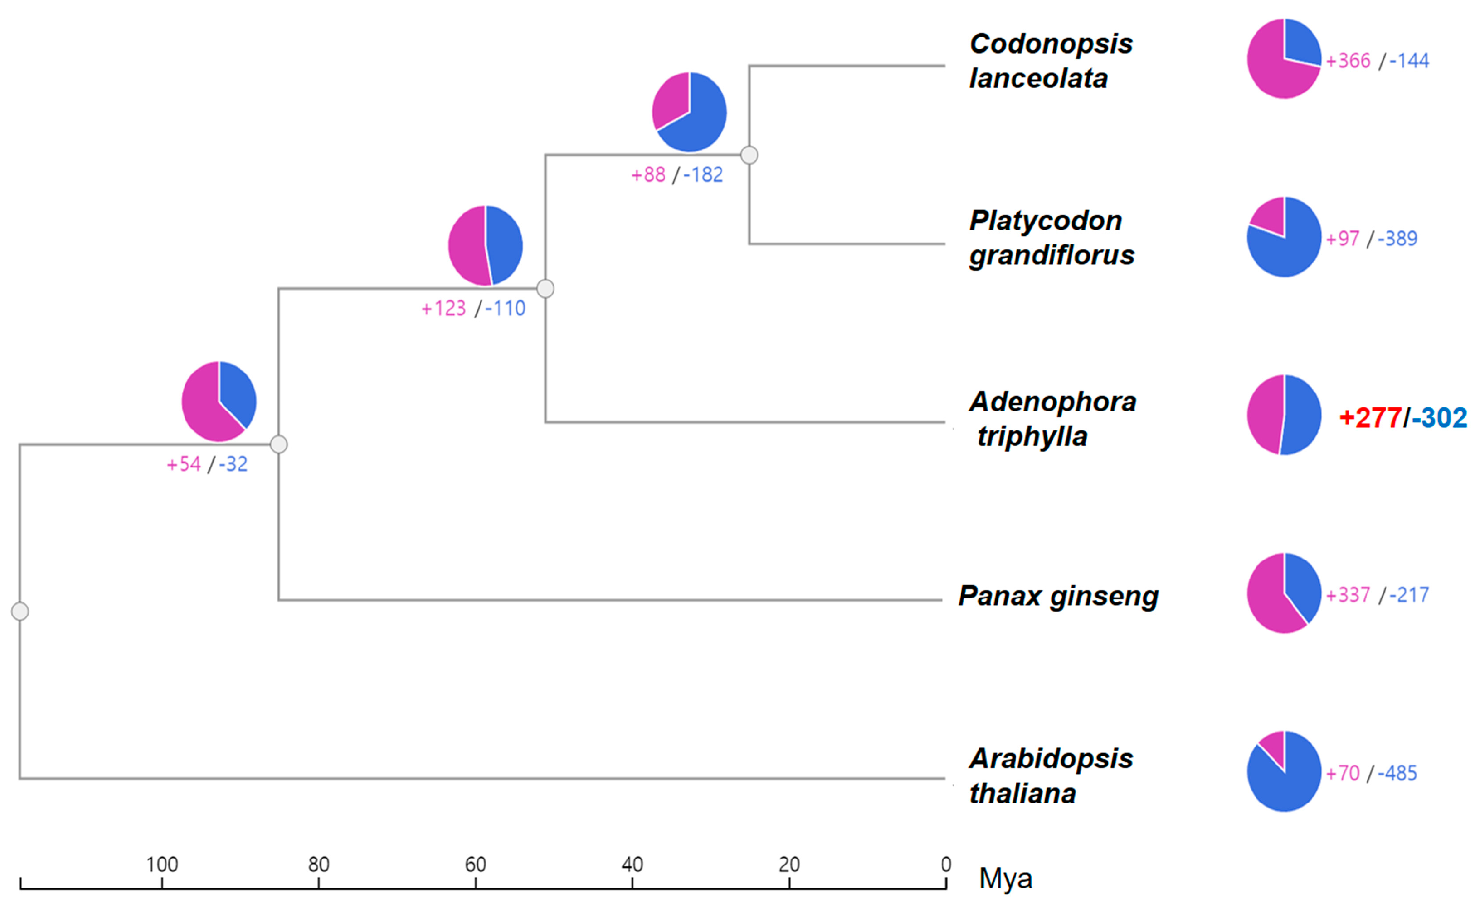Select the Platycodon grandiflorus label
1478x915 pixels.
(x=1051, y=238)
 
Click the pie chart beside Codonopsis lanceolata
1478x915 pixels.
(x=1283, y=59)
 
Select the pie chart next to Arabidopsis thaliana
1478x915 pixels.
(x=1283, y=771)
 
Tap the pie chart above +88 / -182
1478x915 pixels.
(x=688, y=112)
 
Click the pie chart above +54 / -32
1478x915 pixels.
(x=219, y=402)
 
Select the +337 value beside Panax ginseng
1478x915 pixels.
(x=1348, y=595)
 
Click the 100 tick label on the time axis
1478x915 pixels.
(x=162, y=864)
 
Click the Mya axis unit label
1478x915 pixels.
(x=1005, y=878)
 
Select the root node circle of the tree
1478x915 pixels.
(x=20, y=611)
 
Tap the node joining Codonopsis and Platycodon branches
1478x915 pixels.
(x=749, y=155)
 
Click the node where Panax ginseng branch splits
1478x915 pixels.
(x=278, y=444)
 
